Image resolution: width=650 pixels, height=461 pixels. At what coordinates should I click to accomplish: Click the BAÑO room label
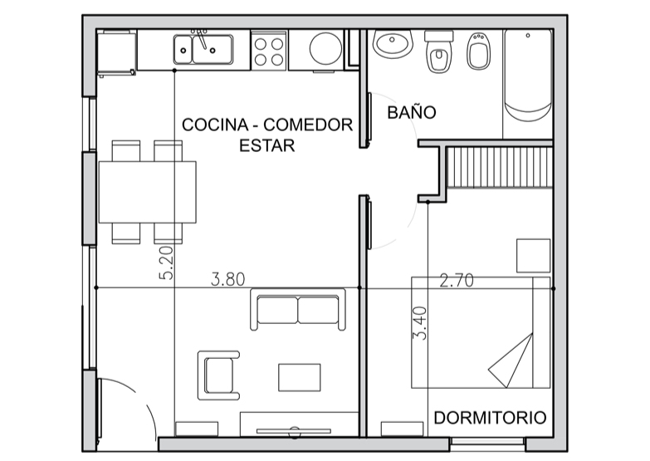pyautogui.click(x=412, y=112)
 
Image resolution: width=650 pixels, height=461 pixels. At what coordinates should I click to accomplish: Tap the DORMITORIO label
pyautogui.click(x=490, y=418)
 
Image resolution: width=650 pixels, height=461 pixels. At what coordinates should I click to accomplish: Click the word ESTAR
pyautogui.click(x=267, y=145)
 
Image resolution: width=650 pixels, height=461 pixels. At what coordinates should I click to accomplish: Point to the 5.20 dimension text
pyautogui.click(x=166, y=262)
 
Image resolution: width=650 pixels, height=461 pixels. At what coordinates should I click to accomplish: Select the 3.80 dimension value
pyautogui.click(x=228, y=279)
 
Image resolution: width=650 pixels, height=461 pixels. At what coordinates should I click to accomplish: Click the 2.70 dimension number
pyautogui.click(x=457, y=281)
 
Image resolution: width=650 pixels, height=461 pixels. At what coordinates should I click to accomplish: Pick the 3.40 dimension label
pyautogui.click(x=420, y=323)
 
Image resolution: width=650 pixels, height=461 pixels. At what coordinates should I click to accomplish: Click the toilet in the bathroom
pyautogui.click(x=438, y=51)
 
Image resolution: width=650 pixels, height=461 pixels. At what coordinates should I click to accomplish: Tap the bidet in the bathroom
pyautogui.click(x=479, y=51)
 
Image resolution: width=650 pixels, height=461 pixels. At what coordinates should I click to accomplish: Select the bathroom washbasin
pyautogui.click(x=393, y=43)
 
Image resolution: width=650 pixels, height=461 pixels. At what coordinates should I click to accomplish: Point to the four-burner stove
pyautogui.click(x=269, y=51)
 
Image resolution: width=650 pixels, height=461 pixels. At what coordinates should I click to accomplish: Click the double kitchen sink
pyautogui.click(x=203, y=49)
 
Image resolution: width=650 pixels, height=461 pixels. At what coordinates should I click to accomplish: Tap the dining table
pyautogui.click(x=147, y=192)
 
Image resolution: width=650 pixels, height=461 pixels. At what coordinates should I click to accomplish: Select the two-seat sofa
pyautogui.click(x=298, y=310)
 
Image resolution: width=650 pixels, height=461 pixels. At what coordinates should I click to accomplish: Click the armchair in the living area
pyautogui.click(x=218, y=375)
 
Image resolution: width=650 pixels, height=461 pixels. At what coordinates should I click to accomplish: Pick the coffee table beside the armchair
pyautogui.click(x=300, y=377)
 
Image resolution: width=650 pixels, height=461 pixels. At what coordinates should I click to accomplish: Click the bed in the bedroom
pyautogui.click(x=481, y=332)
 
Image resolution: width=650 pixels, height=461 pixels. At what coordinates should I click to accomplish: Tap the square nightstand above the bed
pyautogui.click(x=534, y=256)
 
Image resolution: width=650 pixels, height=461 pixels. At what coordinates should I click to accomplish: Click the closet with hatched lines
pyautogui.click(x=500, y=166)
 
